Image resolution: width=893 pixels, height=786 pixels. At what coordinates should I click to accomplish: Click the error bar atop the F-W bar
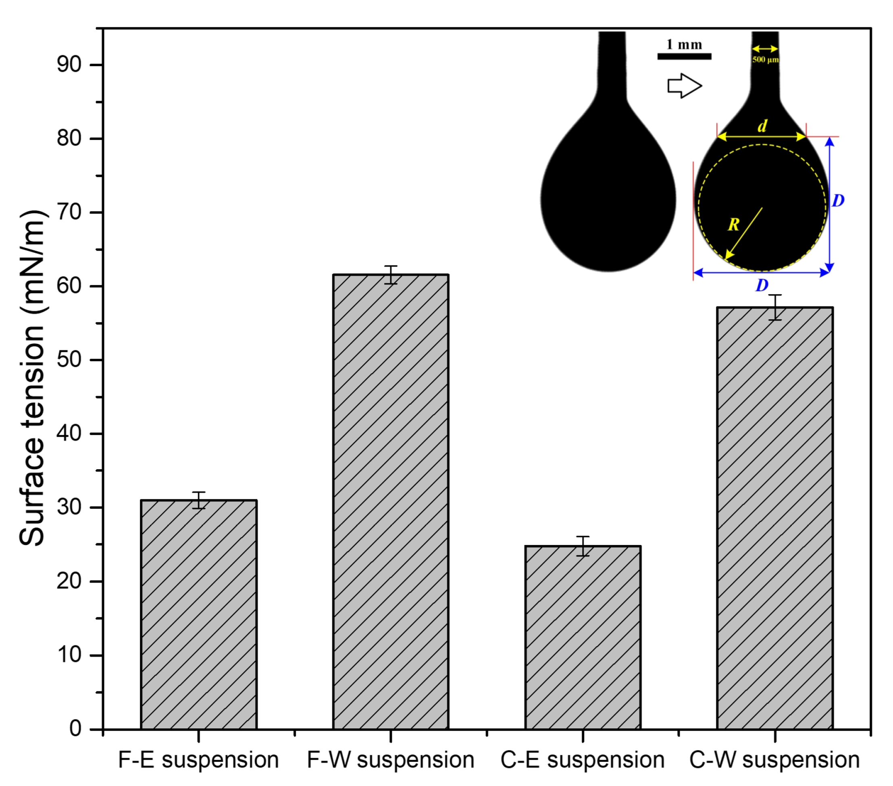coord(391,274)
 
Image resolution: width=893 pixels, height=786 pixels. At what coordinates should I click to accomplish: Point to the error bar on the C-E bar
coord(583,546)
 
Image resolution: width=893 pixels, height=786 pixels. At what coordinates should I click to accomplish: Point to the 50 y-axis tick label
coord(69,360)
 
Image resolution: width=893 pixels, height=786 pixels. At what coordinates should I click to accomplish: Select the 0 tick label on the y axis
coord(75,729)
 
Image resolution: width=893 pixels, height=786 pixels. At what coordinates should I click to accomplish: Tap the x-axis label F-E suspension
coord(198,760)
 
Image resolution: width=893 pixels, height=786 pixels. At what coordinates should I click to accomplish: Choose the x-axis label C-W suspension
coord(774,760)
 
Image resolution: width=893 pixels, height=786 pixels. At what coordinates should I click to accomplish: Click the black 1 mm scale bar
coord(684,56)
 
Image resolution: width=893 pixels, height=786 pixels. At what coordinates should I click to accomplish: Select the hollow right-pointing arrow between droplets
coord(684,85)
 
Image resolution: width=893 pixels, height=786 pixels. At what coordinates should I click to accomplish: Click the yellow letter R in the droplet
coord(733,225)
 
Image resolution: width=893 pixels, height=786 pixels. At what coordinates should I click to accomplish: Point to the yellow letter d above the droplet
coord(762,126)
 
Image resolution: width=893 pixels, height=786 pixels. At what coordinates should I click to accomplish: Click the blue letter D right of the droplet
coord(838,201)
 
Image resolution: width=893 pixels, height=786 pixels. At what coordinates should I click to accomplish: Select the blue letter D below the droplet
coord(762,285)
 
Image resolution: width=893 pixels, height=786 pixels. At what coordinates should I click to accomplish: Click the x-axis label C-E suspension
coord(583,760)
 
